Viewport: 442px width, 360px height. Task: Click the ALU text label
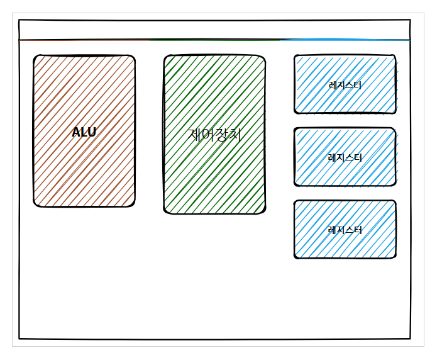[x=84, y=132]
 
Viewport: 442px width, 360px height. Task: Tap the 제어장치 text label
[x=214, y=135]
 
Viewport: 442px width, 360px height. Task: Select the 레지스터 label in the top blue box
[x=345, y=85]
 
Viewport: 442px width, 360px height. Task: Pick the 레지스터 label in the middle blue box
[x=345, y=158]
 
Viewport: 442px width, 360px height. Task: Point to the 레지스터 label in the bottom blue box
[x=345, y=230]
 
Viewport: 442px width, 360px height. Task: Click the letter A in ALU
[x=76, y=132]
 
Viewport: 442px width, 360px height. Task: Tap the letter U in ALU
[x=92, y=132]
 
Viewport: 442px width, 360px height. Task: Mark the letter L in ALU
[x=84, y=132]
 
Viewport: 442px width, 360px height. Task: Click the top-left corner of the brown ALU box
[x=35, y=56]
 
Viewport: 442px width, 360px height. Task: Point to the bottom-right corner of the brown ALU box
[x=134, y=205]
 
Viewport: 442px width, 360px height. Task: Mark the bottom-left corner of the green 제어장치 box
[x=165, y=213]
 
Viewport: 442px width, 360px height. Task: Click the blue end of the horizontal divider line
[x=410, y=40]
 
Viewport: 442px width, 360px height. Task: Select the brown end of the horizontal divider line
[x=19, y=40]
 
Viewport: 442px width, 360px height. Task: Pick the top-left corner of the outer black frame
[x=19, y=20]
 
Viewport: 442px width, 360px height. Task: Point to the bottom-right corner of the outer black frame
[x=411, y=339]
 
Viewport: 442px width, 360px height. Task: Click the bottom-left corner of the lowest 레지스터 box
[x=295, y=257]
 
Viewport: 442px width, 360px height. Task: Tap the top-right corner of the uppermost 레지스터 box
[x=395, y=56]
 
